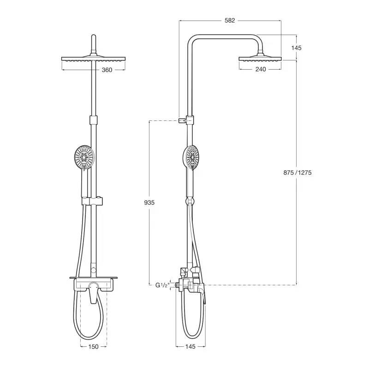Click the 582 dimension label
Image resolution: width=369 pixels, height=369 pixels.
[x=229, y=20]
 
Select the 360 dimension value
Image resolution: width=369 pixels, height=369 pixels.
[x=107, y=70]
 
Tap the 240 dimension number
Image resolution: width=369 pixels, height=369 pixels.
[x=261, y=69]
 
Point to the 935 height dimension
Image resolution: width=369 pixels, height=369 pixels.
[x=149, y=202]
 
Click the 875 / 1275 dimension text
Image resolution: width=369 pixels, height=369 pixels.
[x=297, y=173]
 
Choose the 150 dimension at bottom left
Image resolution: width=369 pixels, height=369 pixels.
[x=94, y=346]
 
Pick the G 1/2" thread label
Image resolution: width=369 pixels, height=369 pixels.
[x=162, y=285]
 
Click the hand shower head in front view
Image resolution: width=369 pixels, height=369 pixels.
[x=84, y=156]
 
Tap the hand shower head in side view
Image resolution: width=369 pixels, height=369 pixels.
[x=190, y=157]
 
